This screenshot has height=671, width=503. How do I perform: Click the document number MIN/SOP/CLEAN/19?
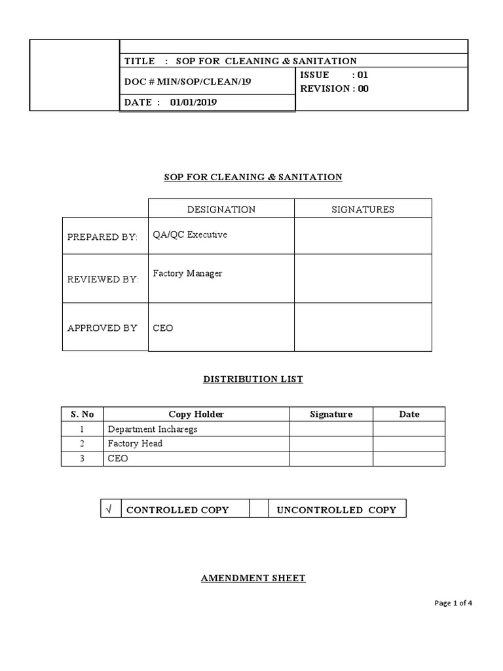tap(188, 82)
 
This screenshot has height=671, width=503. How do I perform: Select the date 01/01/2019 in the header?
tap(194, 102)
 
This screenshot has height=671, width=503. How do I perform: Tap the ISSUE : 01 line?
tap(334, 75)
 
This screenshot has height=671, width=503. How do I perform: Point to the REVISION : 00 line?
tap(334, 88)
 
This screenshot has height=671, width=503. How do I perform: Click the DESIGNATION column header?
tap(221, 210)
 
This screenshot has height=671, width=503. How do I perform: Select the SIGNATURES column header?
tap(363, 210)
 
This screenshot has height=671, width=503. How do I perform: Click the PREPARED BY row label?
tap(103, 237)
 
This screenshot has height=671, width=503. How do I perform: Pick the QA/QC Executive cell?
tap(190, 235)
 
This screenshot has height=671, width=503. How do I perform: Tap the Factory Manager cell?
tap(187, 273)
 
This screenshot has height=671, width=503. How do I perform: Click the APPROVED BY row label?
tap(102, 328)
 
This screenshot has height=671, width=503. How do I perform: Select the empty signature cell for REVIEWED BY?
tap(363, 278)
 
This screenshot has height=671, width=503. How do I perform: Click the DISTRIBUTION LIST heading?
tap(253, 379)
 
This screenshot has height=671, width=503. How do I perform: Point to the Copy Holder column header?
tap(196, 414)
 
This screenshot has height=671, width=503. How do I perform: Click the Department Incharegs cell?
tap(153, 429)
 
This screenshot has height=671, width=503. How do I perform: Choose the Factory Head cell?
tap(135, 444)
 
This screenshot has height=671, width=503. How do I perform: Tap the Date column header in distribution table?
tap(409, 414)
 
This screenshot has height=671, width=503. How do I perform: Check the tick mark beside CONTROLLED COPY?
tap(109, 508)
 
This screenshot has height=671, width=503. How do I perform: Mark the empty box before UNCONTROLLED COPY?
tap(260, 508)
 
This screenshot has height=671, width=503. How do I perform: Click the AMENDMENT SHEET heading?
tap(253, 578)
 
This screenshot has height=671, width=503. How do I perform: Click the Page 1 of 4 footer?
tap(453, 604)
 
